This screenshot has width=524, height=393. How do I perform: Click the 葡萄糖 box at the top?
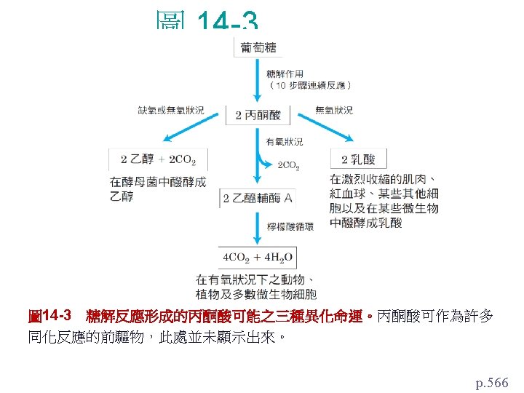pos(258,48)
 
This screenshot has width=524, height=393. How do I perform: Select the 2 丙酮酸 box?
pos(258,114)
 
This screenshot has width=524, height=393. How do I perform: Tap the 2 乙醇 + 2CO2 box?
pos(158,159)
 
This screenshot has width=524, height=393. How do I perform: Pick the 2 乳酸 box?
pos(359,159)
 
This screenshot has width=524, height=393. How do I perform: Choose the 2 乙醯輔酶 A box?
pos(258,198)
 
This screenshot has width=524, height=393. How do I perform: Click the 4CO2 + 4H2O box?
pos(258,257)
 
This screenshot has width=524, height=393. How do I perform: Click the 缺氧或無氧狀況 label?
pos(171,110)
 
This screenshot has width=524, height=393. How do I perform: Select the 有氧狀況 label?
pos(285,141)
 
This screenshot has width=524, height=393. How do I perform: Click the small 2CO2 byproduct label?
pos(288,166)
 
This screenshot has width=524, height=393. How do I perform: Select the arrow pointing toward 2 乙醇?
pos(186,130)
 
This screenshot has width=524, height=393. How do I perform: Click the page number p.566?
pos(492,381)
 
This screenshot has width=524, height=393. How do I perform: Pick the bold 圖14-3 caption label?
pos(49,316)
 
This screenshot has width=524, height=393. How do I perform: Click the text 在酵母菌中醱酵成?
pos(157,181)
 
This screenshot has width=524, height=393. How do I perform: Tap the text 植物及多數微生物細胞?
pos(255,294)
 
